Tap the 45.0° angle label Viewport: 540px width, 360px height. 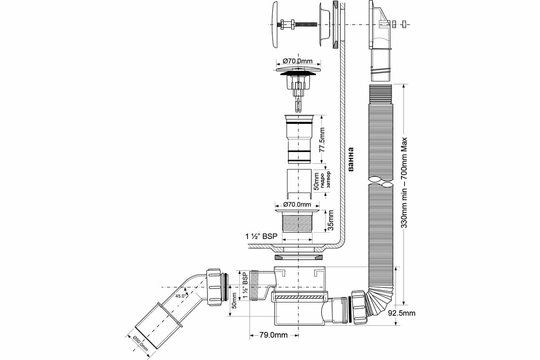(x=180, y=296)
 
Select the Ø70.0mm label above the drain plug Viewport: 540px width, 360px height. (x=297, y=61)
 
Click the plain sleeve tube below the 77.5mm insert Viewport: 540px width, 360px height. (x=298, y=182)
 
